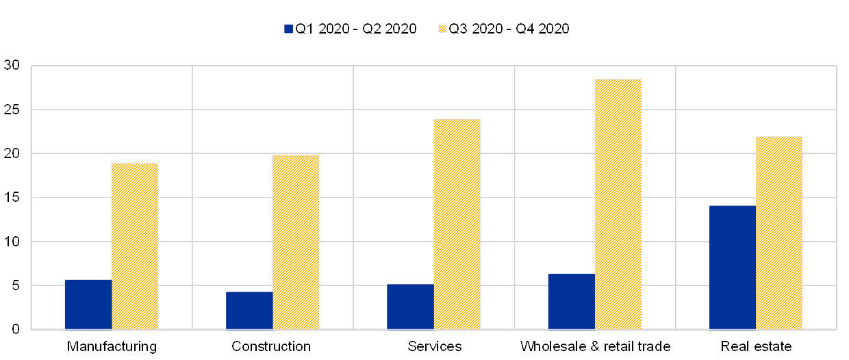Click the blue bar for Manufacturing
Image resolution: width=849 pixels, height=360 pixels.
coord(88,305)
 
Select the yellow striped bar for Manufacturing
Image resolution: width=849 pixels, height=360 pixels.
coord(135,246)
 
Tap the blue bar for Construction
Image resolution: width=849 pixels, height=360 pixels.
coord(249,311)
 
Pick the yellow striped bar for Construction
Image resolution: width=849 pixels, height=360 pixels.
coord(296,242)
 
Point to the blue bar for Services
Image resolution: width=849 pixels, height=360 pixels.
coord(410,307)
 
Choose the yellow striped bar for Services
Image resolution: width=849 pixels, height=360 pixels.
coord(457,224)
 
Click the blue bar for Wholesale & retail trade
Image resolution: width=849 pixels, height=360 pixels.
coord(571,302)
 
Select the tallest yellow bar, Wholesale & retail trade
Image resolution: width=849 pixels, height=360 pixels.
coord(618,205)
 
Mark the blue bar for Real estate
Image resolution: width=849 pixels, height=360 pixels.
coord(733,268)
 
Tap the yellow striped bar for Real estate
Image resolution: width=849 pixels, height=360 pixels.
coord(779,233)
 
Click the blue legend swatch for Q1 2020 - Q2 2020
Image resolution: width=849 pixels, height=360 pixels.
coord(288,29)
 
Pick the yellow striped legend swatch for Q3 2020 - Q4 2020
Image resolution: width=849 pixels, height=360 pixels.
coord(442,29)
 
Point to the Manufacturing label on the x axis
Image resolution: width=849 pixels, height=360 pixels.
coord(112,346)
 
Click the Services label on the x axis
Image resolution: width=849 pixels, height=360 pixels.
coord(434,346)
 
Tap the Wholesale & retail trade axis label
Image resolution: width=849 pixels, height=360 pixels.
coord(595,346)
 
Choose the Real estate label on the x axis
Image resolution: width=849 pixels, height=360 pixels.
coord(757,346)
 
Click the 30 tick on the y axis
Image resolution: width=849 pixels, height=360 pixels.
coord(12,66)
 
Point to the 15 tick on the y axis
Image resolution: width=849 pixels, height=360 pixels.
coord(12,198)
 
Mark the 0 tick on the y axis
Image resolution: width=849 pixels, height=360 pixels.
coord(15,330)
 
